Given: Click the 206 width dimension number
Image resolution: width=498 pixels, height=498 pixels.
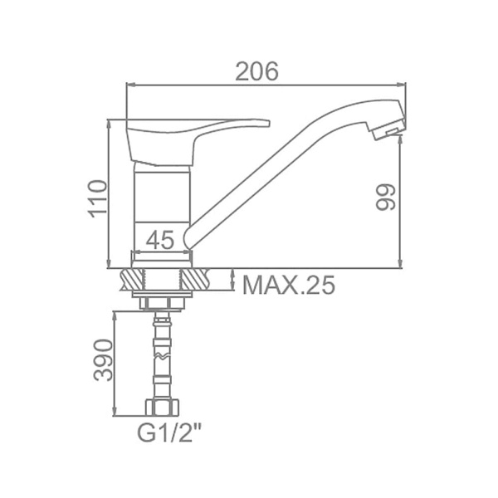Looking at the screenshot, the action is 256,71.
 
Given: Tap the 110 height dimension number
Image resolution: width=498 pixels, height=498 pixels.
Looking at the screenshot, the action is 97,199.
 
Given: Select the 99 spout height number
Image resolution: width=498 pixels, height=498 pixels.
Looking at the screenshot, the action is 385,197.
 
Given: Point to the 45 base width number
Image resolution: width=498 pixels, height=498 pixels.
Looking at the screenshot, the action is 160,240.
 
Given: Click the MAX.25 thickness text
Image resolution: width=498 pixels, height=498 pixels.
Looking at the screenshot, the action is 289,285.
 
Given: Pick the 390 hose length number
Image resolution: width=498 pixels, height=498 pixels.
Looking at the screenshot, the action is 103,360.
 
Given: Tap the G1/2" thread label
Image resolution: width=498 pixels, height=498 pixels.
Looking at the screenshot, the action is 169,433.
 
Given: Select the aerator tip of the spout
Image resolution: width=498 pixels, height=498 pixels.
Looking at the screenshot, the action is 388,129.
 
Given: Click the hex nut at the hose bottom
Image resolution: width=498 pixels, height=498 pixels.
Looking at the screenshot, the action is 162,407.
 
